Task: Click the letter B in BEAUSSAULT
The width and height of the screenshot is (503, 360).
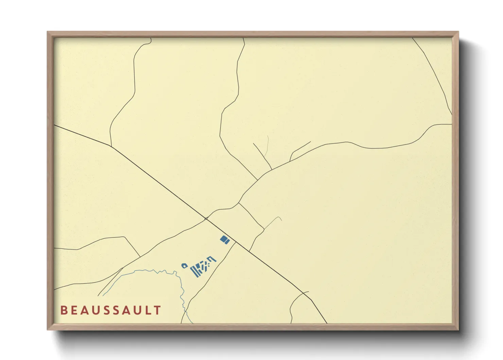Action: click(x=63, y=310)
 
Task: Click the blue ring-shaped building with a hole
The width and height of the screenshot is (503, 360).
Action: click(x=185, y=265)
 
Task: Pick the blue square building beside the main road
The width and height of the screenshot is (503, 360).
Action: click(x=225, y=240)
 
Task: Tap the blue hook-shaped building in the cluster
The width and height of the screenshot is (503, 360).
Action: click(x=212, y=259)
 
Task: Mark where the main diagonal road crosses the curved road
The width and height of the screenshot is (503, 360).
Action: click(x=206, y=218)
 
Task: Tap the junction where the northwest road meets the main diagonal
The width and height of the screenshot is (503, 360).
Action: click(x=111, y=146)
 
